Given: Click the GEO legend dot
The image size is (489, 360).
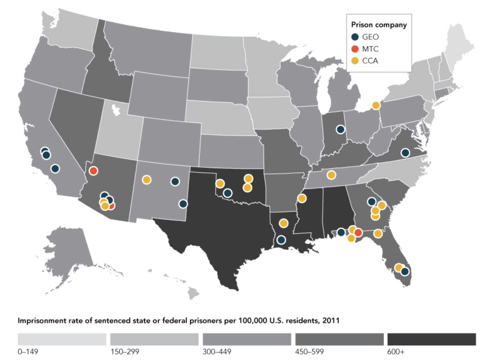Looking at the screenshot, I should [x=355, y=37].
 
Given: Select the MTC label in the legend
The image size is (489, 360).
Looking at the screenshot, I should [x=370, y=49].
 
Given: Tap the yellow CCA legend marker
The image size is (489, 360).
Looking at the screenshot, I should [x=355, y=61].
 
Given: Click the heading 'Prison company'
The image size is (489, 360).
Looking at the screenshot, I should [x=379, y=25].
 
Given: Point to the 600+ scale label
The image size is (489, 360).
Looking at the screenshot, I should [x=395, y=352].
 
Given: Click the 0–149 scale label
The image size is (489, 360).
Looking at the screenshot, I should [x=28, y=352].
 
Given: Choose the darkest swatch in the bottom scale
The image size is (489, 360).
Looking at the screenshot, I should [x=431, y=339].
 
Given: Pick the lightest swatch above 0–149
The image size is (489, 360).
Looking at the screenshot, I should [x=62, y=339].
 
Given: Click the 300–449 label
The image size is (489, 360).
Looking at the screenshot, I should [x=217, y=352].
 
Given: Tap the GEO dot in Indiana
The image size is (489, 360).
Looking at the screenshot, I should [x=340, y=129].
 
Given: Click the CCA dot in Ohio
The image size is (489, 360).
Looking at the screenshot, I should [x=376, y=106].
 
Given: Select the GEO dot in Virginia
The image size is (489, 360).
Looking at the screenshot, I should [x=405, y=153].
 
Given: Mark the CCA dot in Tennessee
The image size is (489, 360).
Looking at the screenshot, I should [x=331, y=175].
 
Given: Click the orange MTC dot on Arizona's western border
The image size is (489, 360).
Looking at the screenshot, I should [x=93, y=171].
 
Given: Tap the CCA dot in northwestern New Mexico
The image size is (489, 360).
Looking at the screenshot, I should [x=147, y=179].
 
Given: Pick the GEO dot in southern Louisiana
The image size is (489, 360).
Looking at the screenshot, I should [x=281, y=240].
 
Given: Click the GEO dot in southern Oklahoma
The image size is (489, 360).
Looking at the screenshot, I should [x=228, y=193].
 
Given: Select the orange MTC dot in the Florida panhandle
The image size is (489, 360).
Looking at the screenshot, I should [x=358, y=232].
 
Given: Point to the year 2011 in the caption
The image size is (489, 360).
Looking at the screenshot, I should [x=331, y=321].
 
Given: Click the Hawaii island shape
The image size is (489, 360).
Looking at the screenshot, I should [x=193, y=293].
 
